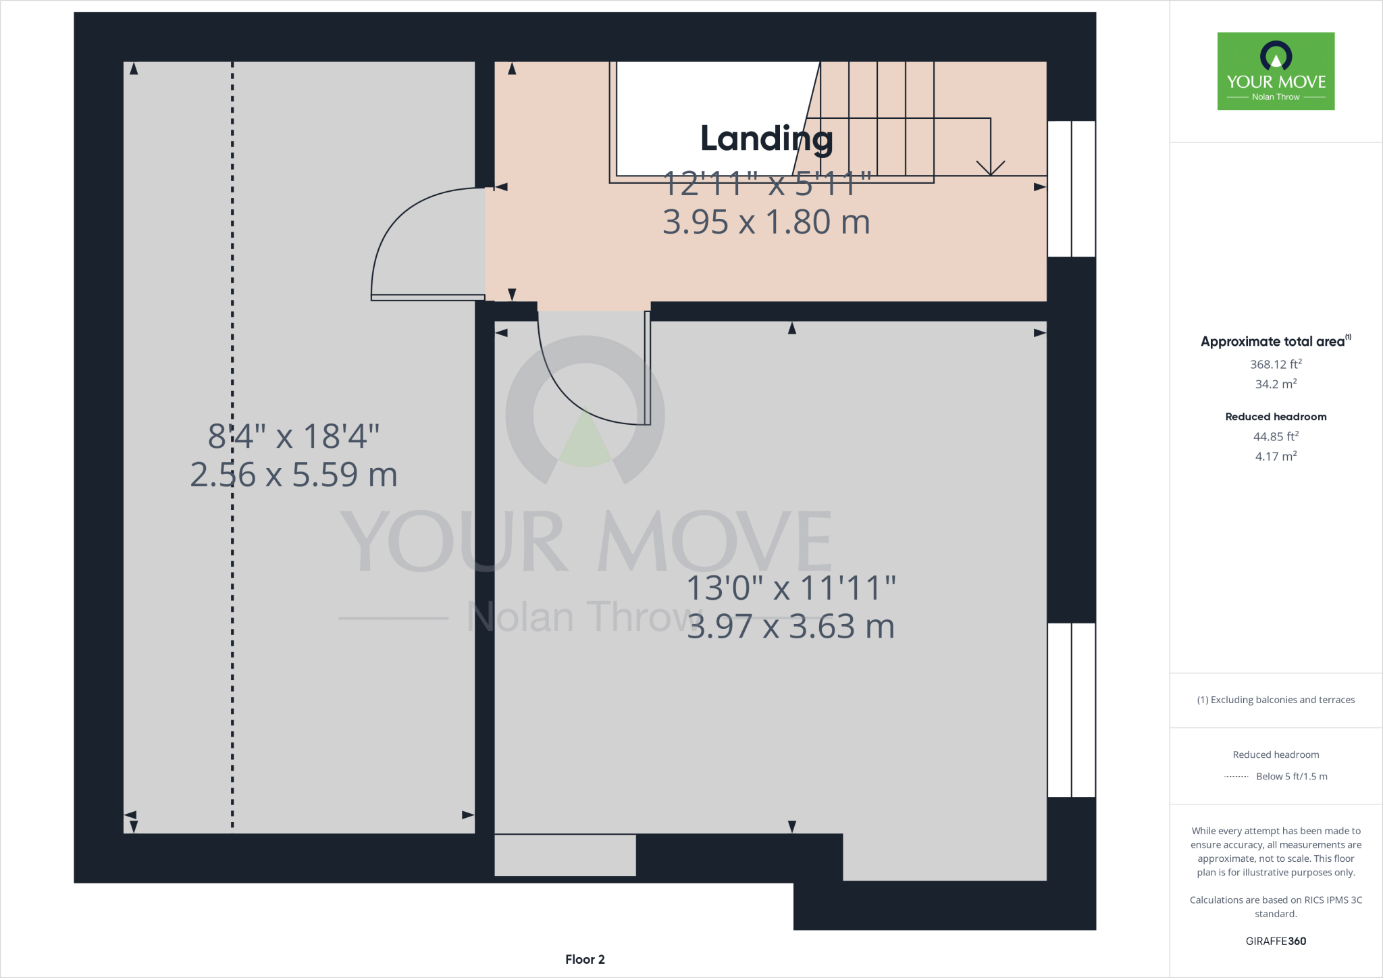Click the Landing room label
[x=766, y=138]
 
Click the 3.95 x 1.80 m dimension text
[x=766, y=222]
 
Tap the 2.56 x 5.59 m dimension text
[x=294, y=475]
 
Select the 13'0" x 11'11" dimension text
[x=791, y=588]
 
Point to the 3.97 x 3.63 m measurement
[x=791, y=627]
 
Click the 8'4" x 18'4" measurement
[x=294, y=436]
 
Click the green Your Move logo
[x=1276, y=71]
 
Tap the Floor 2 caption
[x=585, y=959]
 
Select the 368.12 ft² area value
[x=1276, y=364]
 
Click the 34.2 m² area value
[x=1276, y=384]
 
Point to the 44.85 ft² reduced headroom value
[x=1276, y=436]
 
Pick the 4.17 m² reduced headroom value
[x=1276, y=457]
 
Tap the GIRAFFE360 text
[x=1276, y=941]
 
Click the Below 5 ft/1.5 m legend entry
[x=1290, y=776]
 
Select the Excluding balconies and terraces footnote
[x=1276, y=700]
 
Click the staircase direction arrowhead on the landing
[x=991, y=169]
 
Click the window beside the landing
[x=1071, y=189]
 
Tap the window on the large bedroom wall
[x=1071, y=710]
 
